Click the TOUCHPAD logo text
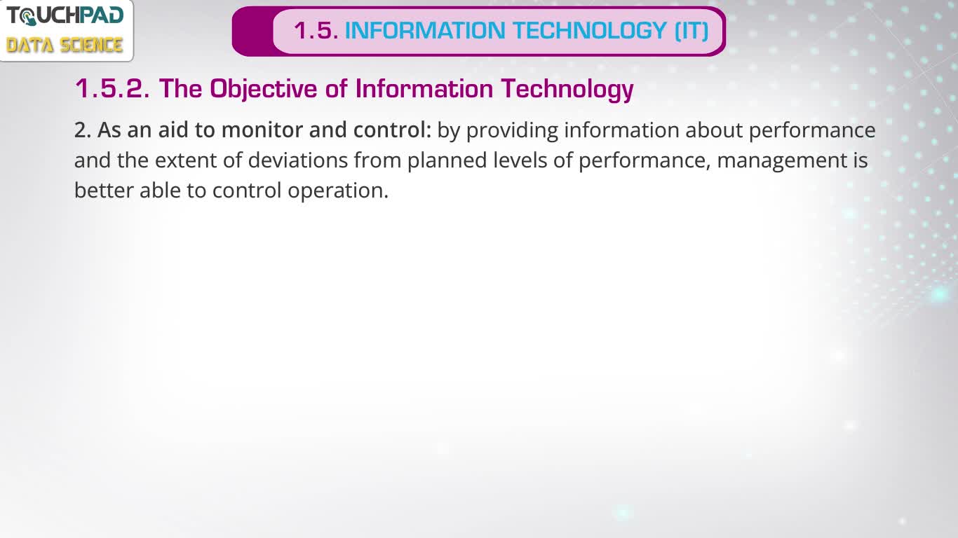pyautogui.click(x=65, y=16)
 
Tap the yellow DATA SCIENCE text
pyautogui.click(x=65, y=45)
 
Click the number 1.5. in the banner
pyautogui.click(x=316, y=30)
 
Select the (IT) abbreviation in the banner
pyautogui.click(x=691, y=30)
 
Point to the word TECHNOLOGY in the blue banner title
pyautogui.click(x=590, y=30)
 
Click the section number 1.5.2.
pyautogui.click(x=112, y=88)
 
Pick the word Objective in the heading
pyautogui.click(x=263, y=89)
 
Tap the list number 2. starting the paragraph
pyautogui.click(x=83, y=130)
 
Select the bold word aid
pyautogui.click(x=173, y=130)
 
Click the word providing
pyautogui.click(x=512, y=130)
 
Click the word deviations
pyautogui.click(x=297, y=160)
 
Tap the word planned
pyautogui.click(x=447, y=161)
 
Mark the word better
pyautogui.click(x=104, y=190)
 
